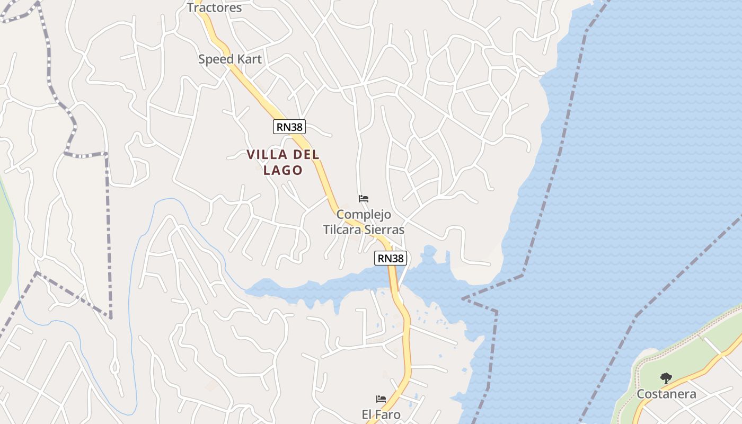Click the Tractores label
(x=214, y=7)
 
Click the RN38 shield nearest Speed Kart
(x=289, y=127)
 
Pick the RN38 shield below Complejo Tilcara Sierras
(x=391, y=258)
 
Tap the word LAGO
(x=282, y=170)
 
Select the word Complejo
(x=364, y=215)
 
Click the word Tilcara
(x=342, y=229)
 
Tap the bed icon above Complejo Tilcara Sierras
(x=364, y=199)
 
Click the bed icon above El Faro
(x=381, y=399)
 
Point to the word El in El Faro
(x=367, y=414)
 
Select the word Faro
(x=388, y=414)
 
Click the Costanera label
(x=666, y=394)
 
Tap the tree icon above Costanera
(x=666, y=378)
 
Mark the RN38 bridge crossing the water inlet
(x=393, y=281)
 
